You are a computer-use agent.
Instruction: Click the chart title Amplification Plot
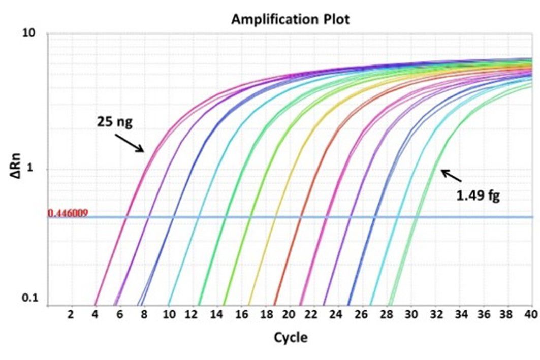tap(291, 19)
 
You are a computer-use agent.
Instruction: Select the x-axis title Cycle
tap(291, 337)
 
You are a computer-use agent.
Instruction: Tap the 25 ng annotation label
tap(118, 122)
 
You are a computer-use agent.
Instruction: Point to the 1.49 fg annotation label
tap(478, 195)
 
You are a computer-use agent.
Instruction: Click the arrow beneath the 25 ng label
tap(129, 143)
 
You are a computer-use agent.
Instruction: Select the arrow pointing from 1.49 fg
tap(451, 176)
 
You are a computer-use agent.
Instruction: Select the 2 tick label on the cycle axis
tap(71, 315)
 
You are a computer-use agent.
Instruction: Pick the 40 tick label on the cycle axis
tap(530, 315)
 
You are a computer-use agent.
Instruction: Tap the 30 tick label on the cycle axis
tap(409, 315)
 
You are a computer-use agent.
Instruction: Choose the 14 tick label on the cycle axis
tap(216, 315)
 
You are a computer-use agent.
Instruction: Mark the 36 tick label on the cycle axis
tap(482, 315)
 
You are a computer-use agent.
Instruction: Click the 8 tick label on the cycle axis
tap(143, 315)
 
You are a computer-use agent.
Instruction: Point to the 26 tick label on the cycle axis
tap(361, 315)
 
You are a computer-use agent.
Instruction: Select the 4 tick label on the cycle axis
tap(95, 315)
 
